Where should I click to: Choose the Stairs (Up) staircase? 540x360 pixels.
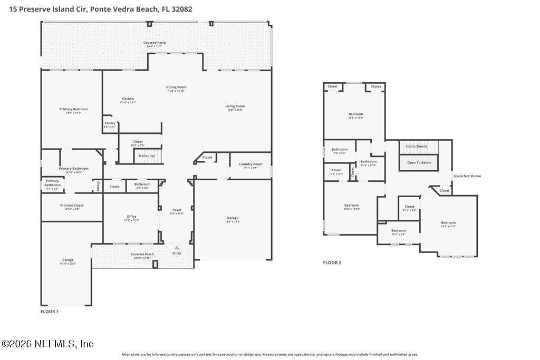[147, 156]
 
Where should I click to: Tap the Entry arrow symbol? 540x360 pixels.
[177, 247]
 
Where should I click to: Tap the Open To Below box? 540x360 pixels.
[419, 162]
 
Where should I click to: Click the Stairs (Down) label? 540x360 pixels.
[416, 146]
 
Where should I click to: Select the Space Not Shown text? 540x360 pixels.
[467, 176]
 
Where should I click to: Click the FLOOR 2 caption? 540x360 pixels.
[332, 262]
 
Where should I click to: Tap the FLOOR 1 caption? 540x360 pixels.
[50, 312]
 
